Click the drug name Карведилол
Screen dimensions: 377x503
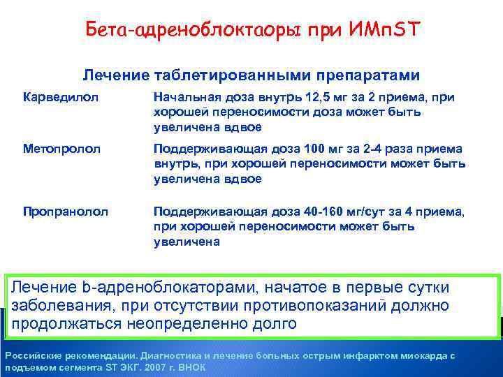[52, 98]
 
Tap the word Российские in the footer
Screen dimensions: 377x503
[30, 356]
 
